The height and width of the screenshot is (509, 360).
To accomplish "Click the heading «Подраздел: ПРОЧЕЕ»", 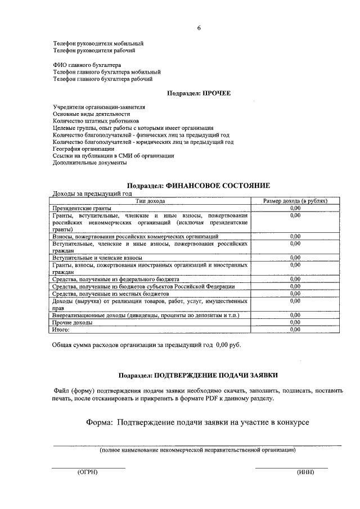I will click(x=199, y=93).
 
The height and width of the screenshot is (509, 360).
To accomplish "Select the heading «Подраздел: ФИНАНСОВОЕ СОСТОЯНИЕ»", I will click(x=199, y=186).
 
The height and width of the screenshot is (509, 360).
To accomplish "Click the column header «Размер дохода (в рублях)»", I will click(x=295, y=201).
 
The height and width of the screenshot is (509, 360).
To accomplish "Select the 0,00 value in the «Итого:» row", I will click(x=295, y=330).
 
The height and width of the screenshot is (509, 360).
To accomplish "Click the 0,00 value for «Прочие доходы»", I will click(x=295, y=323).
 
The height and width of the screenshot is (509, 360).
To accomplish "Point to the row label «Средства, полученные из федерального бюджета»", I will click(x=116, y=279).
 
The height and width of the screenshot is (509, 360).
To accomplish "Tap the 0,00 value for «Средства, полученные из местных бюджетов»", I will click(x=295, y=294).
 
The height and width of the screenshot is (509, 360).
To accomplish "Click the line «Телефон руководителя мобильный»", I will click(x=98, y=43).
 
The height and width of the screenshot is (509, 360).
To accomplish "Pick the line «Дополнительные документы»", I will click(x=90, y=163).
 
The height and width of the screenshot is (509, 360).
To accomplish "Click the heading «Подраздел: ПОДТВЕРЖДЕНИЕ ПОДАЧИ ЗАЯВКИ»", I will click(x=199, y=375).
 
